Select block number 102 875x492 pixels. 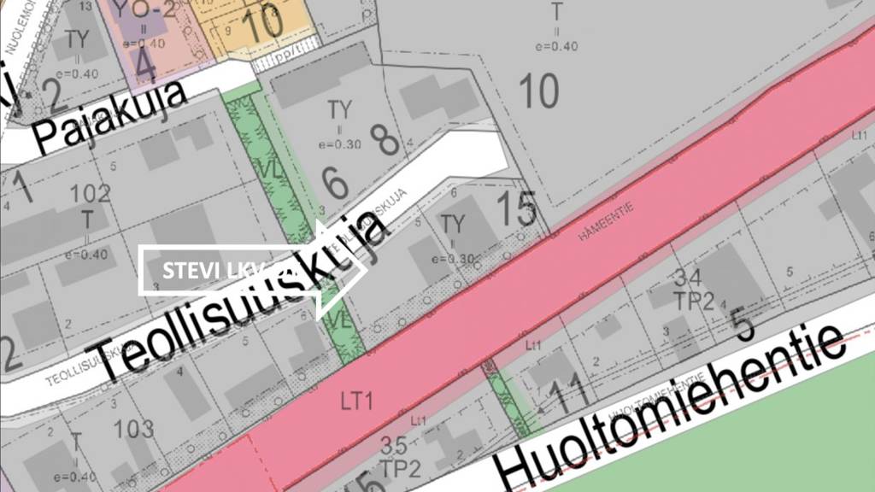click(x=91, y=194)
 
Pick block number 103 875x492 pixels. click(x=134, y=428)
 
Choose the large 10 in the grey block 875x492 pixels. click(x=538, y=91)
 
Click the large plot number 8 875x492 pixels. click(x=384, y=139)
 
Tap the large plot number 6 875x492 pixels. click(x=335, y=181)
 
